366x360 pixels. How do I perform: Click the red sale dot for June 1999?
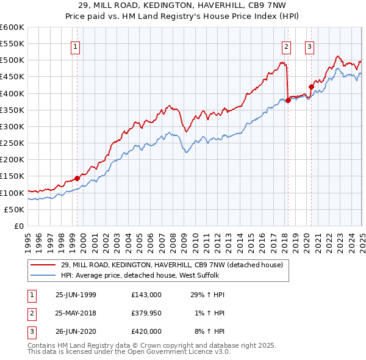click(77, 178)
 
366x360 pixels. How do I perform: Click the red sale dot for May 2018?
click(287, 101)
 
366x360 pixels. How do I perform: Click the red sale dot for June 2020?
click(310, 87)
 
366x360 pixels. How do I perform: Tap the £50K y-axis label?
click(14, 209)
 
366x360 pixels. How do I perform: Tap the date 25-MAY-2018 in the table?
click(76, 313)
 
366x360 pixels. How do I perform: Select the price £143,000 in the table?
click(146, 295)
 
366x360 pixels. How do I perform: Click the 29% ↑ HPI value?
click(207, 295)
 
